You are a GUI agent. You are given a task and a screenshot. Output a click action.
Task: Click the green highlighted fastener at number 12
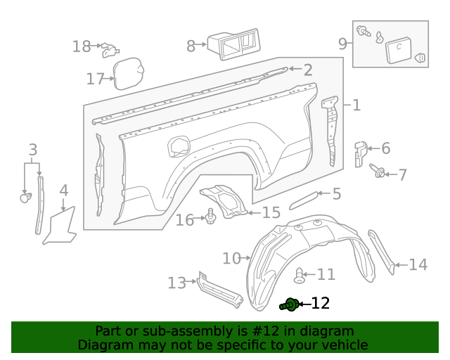coord(289,304)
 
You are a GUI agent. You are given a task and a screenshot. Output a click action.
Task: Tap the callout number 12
coord(320,304)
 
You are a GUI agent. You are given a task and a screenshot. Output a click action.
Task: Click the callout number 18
coord(82,47)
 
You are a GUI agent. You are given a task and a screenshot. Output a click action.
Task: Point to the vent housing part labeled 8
coord(233,44)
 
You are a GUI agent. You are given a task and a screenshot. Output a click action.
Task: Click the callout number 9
coord(343,44)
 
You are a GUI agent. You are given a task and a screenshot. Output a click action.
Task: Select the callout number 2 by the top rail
coord(308,70)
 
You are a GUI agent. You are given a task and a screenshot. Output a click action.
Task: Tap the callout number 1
coord(356,105)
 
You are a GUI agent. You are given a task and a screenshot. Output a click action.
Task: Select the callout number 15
coord(271,212)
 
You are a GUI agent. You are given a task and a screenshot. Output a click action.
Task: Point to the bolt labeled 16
coord(210,218)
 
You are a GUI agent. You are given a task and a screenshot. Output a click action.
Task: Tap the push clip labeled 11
coord(300,275)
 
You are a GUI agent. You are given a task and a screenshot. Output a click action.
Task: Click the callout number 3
coord(32,149)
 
